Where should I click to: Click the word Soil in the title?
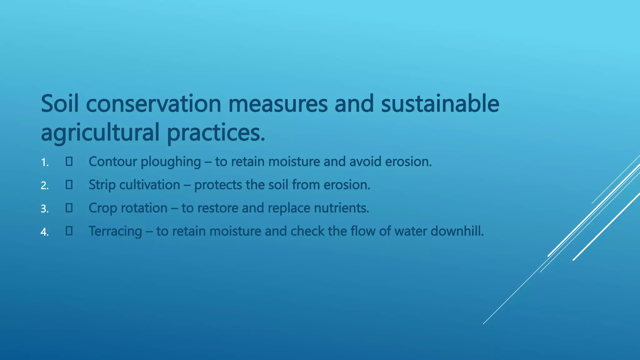pyautogui.click(x=59, y=104)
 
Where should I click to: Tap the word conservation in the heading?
pyautogui.click(x=153, y=104)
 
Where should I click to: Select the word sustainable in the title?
pyautogui.click(x=440, y=104)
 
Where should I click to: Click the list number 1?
pyautogui.click(x=45, y=162)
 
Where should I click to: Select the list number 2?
pyautogui.click(x=45, y=186)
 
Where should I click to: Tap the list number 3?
pyautogui.click(x=45, y=209)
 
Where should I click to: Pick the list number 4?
pyautogui.click(x=45, y=232)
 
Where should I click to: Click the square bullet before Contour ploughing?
pyautogui.click(x=69, y=162)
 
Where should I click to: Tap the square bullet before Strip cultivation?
pyautogui.click(x=69, y=185)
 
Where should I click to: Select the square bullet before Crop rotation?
pyautogui.click(x=69, y=208)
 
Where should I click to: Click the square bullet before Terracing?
pyautogui.click(x=69, y=231)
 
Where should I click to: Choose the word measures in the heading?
pyautogui.click(x=278, y=104)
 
